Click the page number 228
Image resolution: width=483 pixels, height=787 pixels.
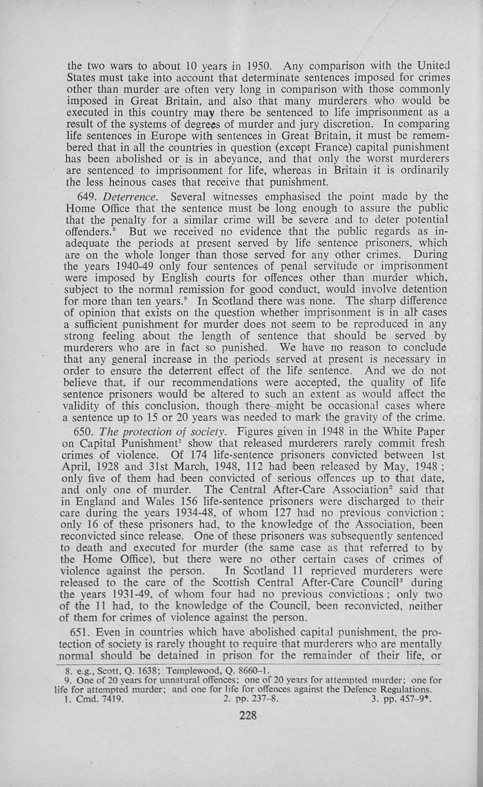(x=248, y=715)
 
